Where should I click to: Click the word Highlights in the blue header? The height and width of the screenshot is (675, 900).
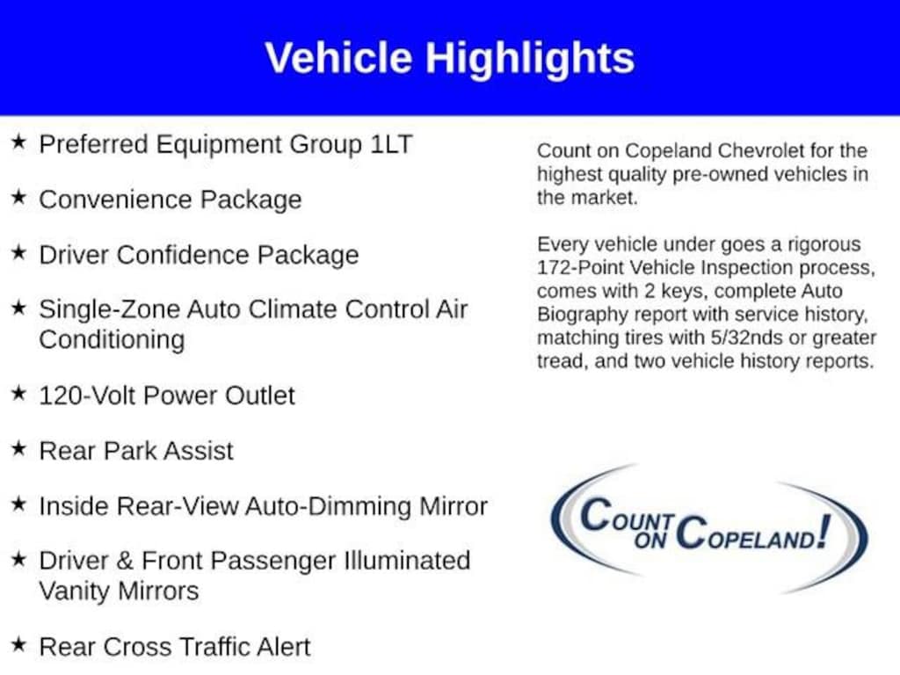[529, 60]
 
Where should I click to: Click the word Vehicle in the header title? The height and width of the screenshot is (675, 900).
[338, 58]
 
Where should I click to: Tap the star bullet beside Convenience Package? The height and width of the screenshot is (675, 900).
[19, 197]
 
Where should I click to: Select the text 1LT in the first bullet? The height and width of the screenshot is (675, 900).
[391, 144]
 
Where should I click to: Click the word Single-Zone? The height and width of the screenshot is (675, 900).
[109, 310]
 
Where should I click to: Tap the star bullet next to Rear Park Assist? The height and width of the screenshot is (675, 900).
[19, 448]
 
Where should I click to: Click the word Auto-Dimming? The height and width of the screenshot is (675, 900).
[330, 507]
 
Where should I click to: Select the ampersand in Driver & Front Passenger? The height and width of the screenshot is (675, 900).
[125, 561]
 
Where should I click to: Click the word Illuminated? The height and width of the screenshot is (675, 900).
[407, 561]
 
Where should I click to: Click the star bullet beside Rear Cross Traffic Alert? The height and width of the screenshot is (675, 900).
[19, 644]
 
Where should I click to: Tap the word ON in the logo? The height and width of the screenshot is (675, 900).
[650, 541]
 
